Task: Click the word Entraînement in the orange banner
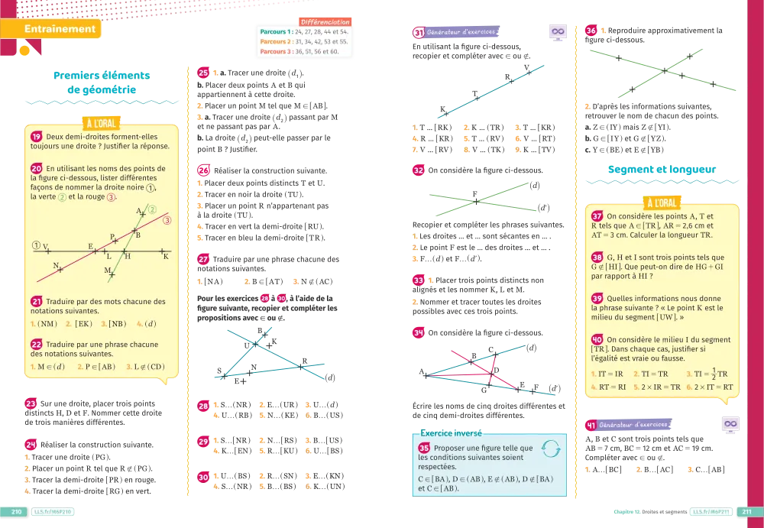point(60,30)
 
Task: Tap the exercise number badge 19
point(36,136)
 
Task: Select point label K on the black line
point(165,257)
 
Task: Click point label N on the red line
point(56,265)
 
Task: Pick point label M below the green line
point(108,270)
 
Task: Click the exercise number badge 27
point(203,259)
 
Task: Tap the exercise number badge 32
point(419,171)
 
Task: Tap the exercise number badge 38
point(597,258)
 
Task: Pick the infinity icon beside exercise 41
point(730,424)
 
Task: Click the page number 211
point(746,512)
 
